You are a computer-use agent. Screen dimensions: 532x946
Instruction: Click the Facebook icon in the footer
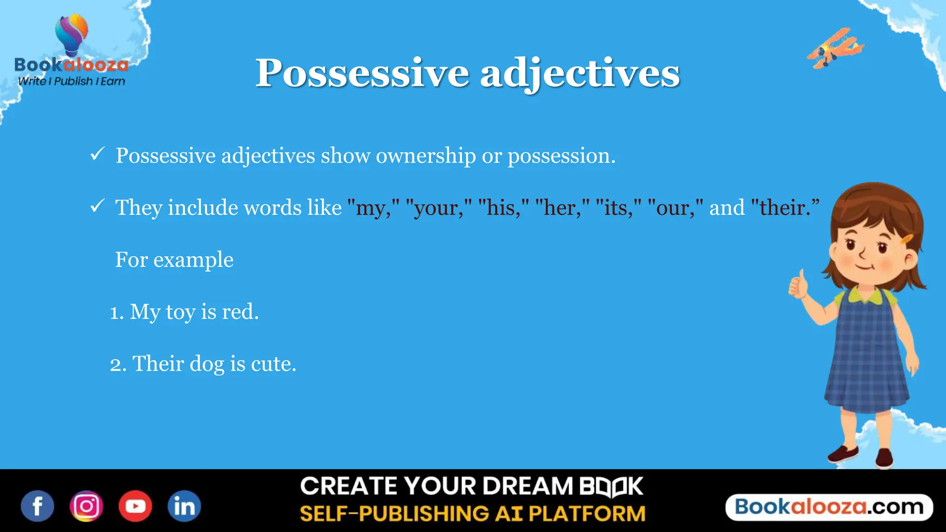(x=37, y=506)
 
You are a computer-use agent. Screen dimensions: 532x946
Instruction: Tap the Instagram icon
(x=86, y=506)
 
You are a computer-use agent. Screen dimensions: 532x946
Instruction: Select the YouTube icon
(x=135, y=506)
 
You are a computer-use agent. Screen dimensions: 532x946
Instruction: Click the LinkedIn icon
(x=184, y=506)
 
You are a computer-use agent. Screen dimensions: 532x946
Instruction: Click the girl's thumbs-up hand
(x=799, y=284)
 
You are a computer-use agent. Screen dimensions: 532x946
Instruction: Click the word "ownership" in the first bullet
(x=425, y=156)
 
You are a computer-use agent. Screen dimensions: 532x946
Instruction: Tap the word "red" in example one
(x=240, y=312)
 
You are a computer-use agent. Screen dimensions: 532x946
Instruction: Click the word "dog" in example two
(x=206, y=364)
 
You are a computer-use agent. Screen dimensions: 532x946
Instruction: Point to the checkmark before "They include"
(x=97, y=206)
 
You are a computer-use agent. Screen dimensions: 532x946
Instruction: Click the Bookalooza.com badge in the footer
(x=829, y=507)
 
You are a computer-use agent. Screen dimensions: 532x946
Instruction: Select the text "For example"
(x=174, y=260)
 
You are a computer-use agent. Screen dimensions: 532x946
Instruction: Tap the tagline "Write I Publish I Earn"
(x=72, y=81)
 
